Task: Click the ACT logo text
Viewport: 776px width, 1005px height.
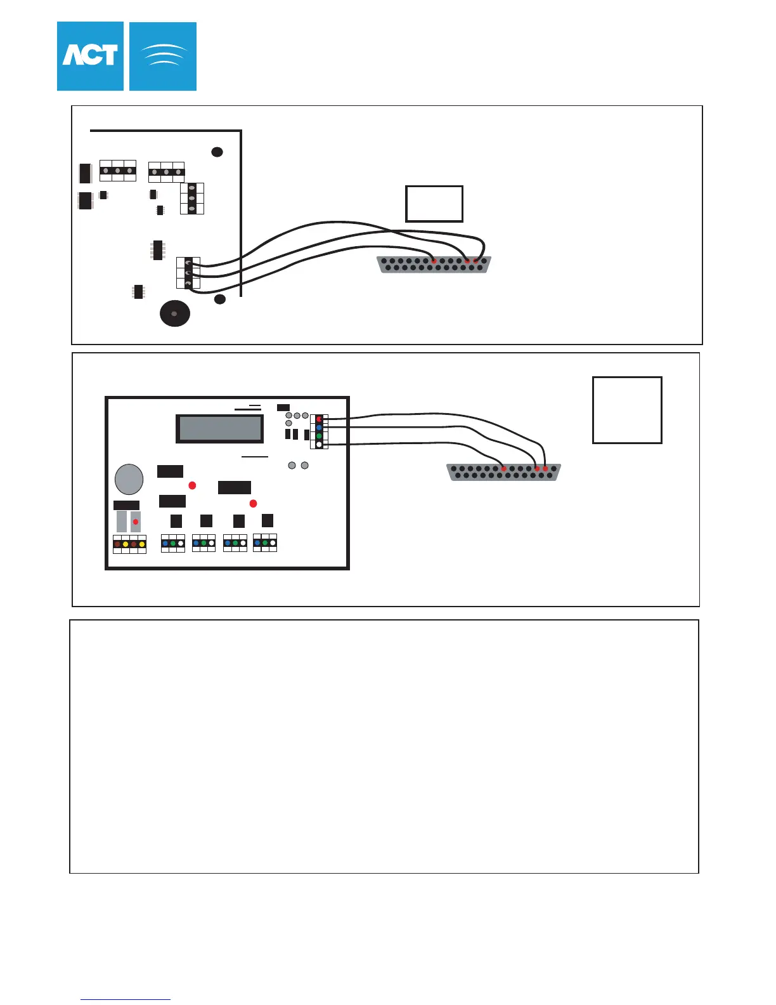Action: coord(90,56)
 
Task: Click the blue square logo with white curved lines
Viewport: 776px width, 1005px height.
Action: coord(163,56)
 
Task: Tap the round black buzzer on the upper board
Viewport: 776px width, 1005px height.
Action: coord(175,313)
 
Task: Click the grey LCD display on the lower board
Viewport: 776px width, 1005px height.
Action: coord(220,429)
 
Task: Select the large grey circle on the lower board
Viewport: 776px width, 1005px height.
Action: coord(129,479)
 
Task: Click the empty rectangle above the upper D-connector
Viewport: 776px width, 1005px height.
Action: coord(434,204)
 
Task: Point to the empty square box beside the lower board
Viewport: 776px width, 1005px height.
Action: coord(627,410)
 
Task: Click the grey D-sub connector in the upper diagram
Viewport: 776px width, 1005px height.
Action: coord(434,265)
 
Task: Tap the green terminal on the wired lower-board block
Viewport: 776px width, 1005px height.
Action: coord(319,437)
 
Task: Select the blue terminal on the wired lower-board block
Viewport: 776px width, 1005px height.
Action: coord(319,428)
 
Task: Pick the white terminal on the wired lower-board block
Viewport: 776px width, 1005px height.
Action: coord(319,445)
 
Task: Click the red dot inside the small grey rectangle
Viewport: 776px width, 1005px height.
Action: coord(136,522)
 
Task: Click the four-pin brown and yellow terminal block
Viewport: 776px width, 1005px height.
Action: coord(129,544)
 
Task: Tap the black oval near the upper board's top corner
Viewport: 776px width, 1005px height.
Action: coord(217,152)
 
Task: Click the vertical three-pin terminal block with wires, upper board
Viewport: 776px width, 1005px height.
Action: coord(188,273)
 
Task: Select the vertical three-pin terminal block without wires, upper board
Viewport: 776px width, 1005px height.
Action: coord(191,199)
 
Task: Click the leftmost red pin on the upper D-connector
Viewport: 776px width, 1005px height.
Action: coord(434,261)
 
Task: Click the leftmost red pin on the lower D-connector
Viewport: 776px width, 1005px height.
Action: coord(503,469)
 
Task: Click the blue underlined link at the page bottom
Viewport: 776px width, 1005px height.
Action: coord(126,999)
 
